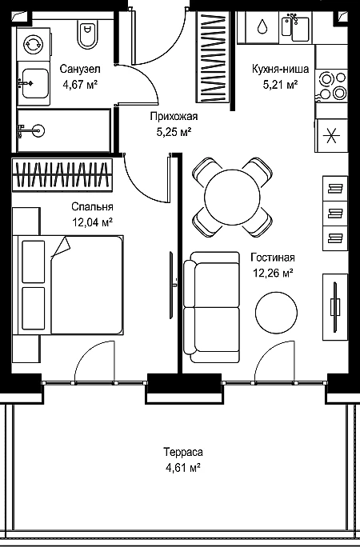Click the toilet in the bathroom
[x=87, y=34]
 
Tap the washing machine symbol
[x=34, y=44]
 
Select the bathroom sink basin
[x=34, y=83]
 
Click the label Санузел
[x=80, y=69]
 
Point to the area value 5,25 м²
[x=174, y=132]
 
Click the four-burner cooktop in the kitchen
[x=332, y=86]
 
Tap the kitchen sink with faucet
[x=295, y=27]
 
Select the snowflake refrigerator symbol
[x=331, y=135]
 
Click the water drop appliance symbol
[x=262, y=27]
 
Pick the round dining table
[x=232, y=197]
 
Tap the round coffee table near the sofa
[x=276, y=313]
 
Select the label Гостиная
[x=273, y=258]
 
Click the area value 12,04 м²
[x=93, y=222]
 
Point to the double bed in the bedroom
[x=68, y=285]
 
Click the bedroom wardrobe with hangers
[x=62, y=175]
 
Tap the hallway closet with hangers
[x=213, y=57]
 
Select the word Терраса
[x=183, y=452]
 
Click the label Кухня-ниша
[x=280, y=69]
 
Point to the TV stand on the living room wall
[x=335, y=307]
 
